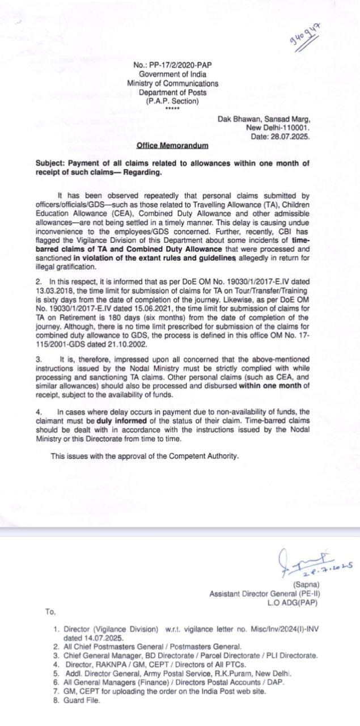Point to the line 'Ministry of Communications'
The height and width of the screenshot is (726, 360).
(x=172, y=83)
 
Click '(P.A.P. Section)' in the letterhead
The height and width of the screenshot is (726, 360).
(x=172, y=101)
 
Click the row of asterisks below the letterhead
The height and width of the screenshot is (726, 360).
(x=172, y=109)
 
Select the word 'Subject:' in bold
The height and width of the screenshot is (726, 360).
(x=50, y=163)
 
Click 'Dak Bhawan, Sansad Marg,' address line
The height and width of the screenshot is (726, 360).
(x=264, y=119)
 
